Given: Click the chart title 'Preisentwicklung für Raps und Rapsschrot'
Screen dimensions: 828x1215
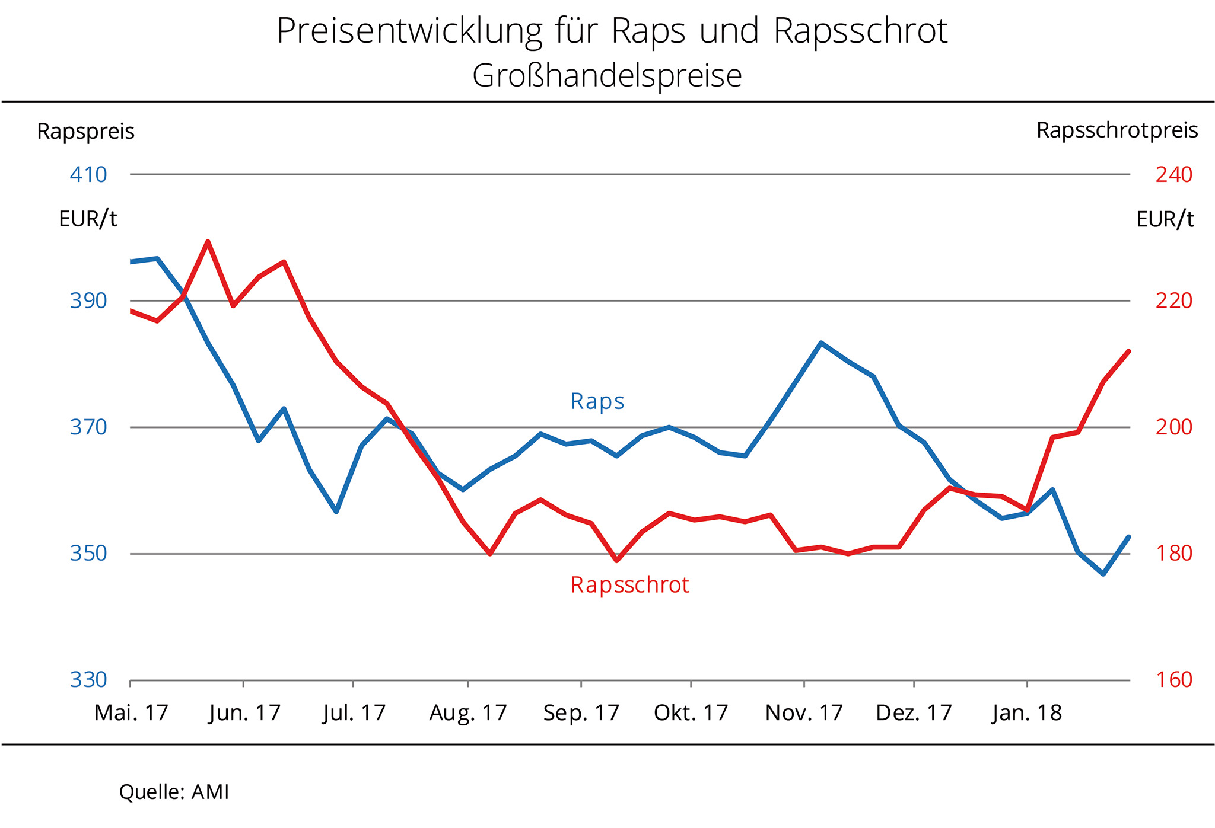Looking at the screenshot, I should point(612,31).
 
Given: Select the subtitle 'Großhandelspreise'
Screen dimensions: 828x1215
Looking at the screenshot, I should point(607,76).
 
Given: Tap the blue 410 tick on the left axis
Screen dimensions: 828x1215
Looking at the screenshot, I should point(88,175).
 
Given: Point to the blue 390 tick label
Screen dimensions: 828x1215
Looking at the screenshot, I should point(88,301).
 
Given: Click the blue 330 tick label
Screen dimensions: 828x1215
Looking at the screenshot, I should point(88,680).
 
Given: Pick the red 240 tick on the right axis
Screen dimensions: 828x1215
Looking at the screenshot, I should point(1173,175).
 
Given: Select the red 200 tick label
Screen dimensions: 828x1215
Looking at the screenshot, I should point(1173,427).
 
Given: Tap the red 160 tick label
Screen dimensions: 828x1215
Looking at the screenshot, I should point(1173,680).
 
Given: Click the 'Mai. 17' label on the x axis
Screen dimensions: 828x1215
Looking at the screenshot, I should point(131,713).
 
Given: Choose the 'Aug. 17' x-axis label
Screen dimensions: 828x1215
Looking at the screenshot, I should point(468,713).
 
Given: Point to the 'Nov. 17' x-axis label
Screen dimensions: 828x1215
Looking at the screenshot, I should point(804,713).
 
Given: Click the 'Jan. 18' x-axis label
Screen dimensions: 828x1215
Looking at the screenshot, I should point(1026,713).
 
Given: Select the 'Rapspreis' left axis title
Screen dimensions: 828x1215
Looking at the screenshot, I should point(85,132).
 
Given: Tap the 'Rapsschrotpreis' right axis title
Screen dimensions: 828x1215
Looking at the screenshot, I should point(1117,130).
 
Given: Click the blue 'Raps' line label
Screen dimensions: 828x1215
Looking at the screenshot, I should point(597,401).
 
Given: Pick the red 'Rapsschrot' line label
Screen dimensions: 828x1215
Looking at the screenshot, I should point(629,585).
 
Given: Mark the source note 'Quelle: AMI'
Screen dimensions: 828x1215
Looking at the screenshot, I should point(174,792).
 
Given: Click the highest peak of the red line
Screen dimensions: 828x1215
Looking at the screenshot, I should point(208,242).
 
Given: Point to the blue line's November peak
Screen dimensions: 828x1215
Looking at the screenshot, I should point(820,343).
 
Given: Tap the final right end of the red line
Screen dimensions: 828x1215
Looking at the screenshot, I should point(1128,351).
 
